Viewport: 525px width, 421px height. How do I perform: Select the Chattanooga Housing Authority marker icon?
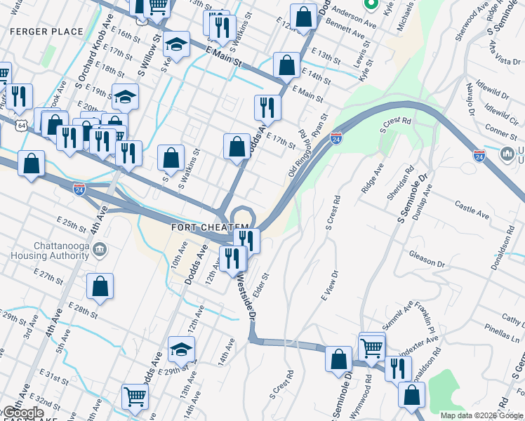99,249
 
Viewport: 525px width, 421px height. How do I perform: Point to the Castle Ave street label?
471,208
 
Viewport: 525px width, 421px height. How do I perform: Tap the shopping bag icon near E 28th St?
100,286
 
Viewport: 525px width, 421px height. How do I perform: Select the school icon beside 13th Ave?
181,349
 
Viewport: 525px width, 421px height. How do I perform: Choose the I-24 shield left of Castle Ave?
479,156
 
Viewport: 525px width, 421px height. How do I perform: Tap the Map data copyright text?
481,415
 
